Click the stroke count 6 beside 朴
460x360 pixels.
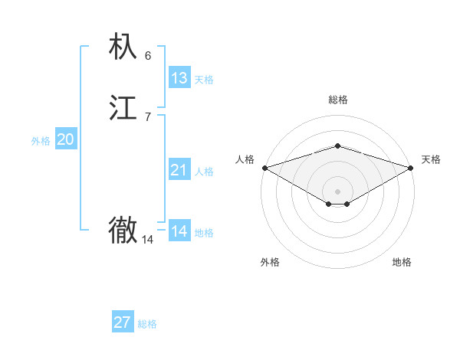pos(148,55)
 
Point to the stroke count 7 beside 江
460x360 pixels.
pos(148,116)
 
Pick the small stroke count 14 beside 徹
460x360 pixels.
pos(148,240)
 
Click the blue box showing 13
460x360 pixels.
pos(179,78)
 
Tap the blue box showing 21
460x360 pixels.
pos(179,170)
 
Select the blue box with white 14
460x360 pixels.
pos(179,231)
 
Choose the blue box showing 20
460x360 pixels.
pos(66,139)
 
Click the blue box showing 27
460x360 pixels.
pos(123,322)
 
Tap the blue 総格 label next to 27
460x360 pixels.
pos(147,324)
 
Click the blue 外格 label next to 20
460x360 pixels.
pos(41,141)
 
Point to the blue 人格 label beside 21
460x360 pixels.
pos(204,172)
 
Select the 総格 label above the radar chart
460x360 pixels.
pos(337,100)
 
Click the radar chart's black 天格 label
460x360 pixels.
pos(431,159)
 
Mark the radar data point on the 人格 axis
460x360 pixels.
pos(264,168)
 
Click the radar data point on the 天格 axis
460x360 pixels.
pos(410,168)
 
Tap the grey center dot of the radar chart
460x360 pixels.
pos(337,191)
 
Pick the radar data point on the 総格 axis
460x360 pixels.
pos(337,146)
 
